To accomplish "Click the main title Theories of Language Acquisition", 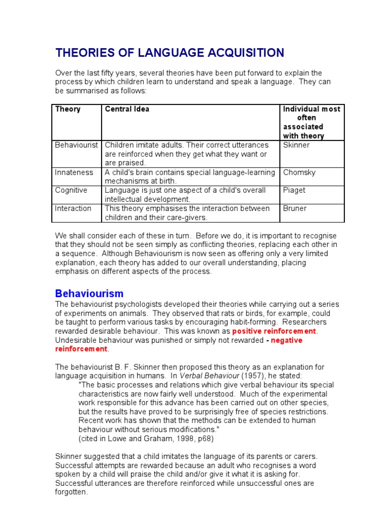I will click(169, 53).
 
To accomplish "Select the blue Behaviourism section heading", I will click(89, 294).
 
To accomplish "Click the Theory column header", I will click(67, 109).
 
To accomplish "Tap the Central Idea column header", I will click(127, 109).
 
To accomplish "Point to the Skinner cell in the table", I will click(297, 145).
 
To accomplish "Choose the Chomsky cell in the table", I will click(299, 172).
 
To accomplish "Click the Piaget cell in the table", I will click(294, 190).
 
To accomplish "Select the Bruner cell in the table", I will click(295, 208).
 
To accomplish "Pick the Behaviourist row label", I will click(76, 145).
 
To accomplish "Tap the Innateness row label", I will click(74, 172).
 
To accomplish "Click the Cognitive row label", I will click(71, 190).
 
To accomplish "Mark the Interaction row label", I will click(73, 208).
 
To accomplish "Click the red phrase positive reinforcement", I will click(274, 331).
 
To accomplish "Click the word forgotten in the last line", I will click(71, 492).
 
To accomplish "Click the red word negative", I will click(286, 340).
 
